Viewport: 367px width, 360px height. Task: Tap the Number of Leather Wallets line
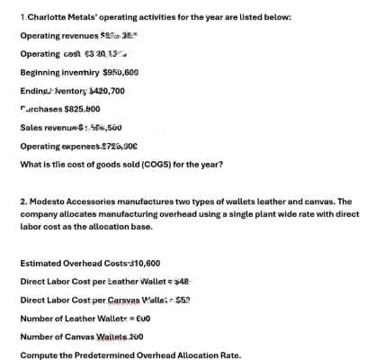pyautogui.click(x=81, y=319)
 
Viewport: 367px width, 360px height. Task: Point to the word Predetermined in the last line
pyautogui.click(x=103, y=355)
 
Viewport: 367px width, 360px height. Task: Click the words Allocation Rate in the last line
pyautogui.click(x=210, y=355)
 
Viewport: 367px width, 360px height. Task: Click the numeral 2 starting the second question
pyautogui.click(x=22, y=202)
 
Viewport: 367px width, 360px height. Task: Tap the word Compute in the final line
pyautogui.click(x=39, y=355)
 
